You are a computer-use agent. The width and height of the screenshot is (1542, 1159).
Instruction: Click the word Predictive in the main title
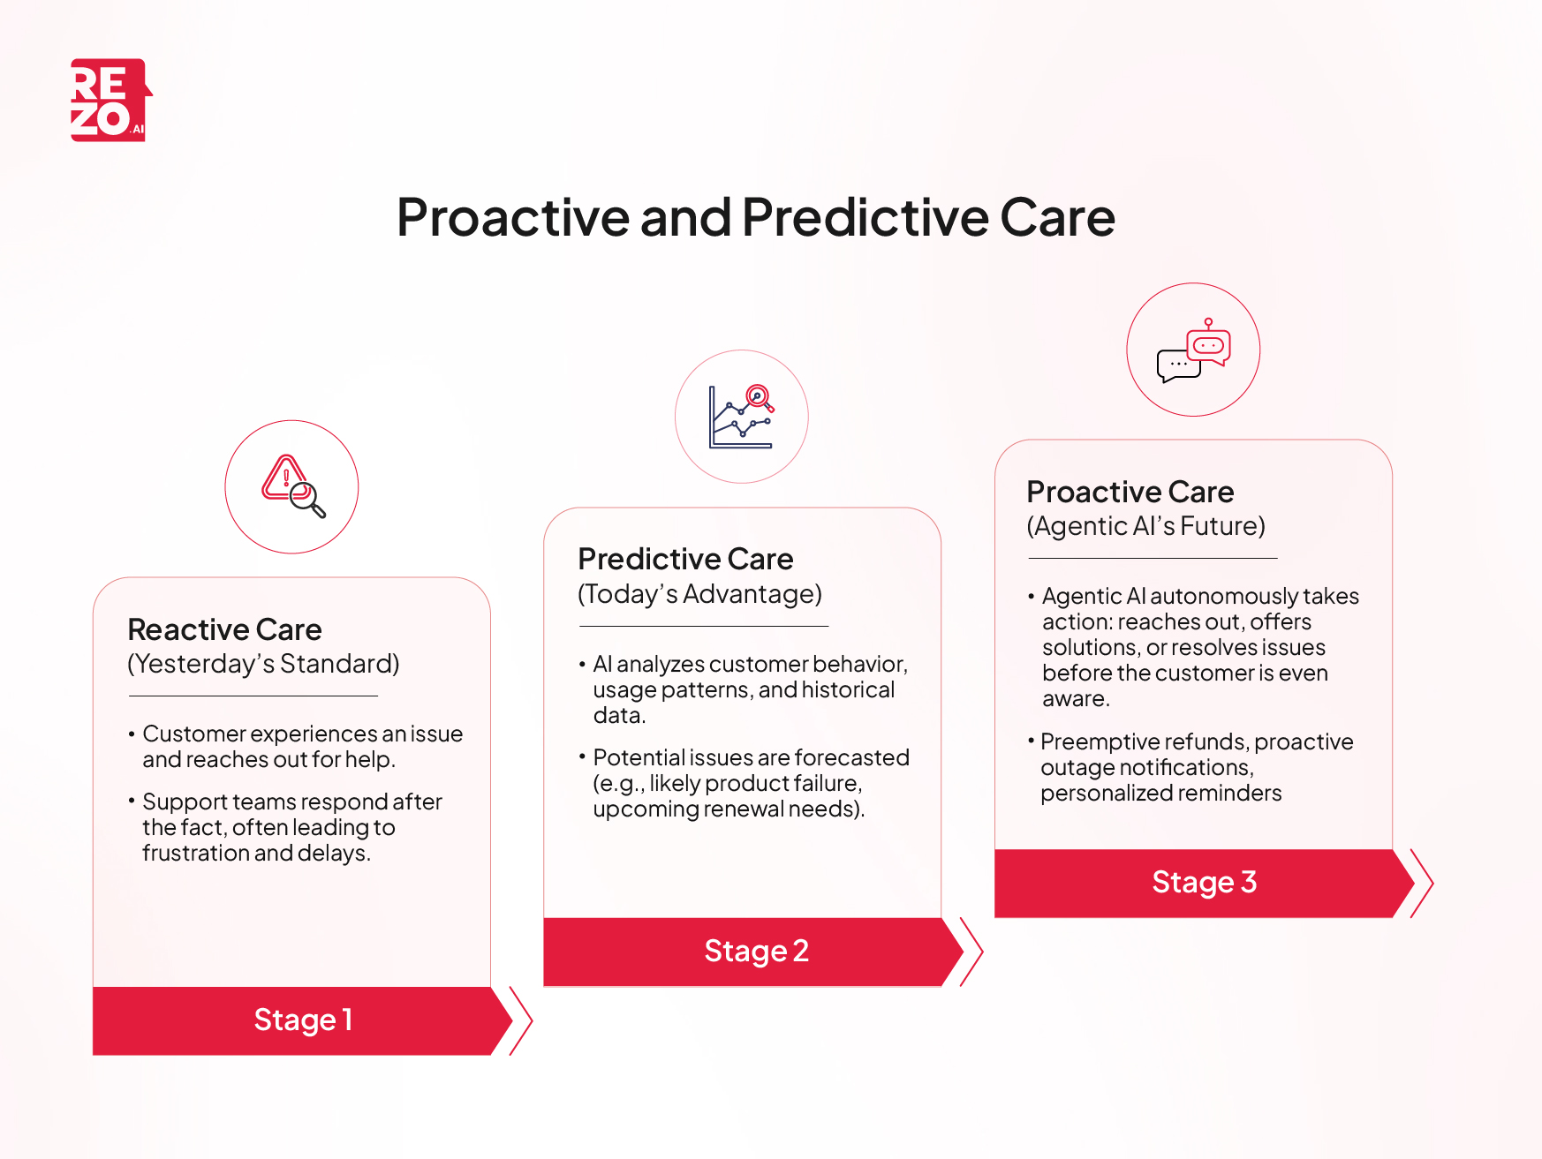pyautogui.click(x=865, y=217)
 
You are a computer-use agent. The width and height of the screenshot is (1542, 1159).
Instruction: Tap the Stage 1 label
pyautogui.click(x=303, y=1020)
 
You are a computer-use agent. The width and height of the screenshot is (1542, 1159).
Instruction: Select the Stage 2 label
pyautogui.click(x=756, y=951)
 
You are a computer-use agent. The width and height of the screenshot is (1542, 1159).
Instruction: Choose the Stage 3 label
pyautogui.click(x=1204, y=882)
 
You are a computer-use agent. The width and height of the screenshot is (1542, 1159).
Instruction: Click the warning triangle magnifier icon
pyautogui.click(x=292, y=486)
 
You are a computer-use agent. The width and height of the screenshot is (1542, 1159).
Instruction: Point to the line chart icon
pyautogui.click(x=741, y=417)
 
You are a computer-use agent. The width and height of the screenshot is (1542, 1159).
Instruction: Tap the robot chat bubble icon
pyautogui.click(x=1193, y=350)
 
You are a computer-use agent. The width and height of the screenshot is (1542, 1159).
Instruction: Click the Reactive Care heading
pyautogui.click(x=224, y=629)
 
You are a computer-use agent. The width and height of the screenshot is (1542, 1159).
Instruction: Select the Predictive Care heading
pyautogui.click(x=685, y=559)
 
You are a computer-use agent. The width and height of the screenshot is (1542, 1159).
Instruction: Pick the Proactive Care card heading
pyautogui.click(x=1130, y=492)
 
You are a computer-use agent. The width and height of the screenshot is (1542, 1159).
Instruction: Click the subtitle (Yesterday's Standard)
pyautogui.click(x=263, y=664)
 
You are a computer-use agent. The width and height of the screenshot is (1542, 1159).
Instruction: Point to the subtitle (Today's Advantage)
pyautogui.click(x=699, y=594)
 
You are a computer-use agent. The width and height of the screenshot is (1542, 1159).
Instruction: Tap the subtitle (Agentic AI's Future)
pyautogui.click(x=1145, y=526)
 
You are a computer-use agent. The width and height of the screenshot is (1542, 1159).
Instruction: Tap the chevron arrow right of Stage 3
pyautogui.click(x=1421, y=883)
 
